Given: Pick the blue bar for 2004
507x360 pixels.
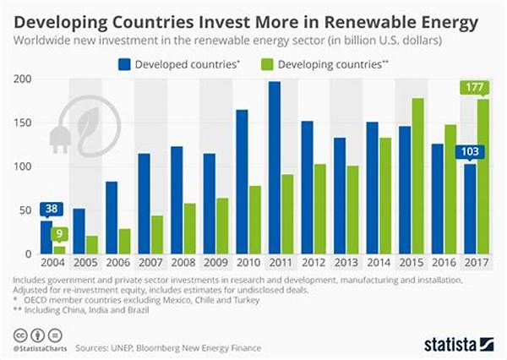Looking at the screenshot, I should pos(46,237).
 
